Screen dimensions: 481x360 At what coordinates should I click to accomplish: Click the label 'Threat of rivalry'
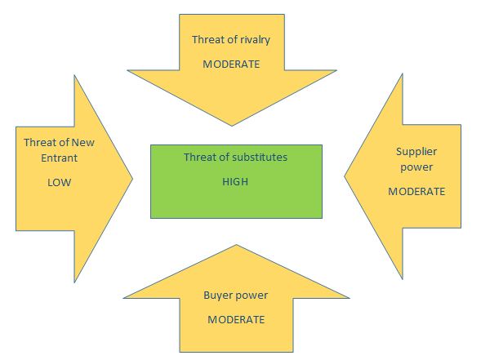tap(231, 40)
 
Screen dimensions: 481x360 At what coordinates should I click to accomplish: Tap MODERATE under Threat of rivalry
tap(231, 64)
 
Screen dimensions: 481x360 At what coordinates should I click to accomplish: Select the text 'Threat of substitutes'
tap(235, 157)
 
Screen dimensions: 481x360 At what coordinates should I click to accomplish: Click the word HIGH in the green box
tap(235, 182)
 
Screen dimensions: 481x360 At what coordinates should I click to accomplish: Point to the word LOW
tap(59, 183)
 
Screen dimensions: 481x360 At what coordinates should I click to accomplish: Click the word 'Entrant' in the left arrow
tap(59, 158)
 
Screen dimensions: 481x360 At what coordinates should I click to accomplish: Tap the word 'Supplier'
tap(416, 152)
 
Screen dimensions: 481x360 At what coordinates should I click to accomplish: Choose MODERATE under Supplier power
tap(416, 192)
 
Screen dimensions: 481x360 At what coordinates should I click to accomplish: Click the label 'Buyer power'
tap(235, 296)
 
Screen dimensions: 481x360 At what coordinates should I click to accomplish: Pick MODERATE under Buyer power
tap(236, 320)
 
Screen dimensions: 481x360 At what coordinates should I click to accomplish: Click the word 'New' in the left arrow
tap(82, 143)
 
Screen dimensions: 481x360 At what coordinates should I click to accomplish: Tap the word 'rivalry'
tap(256, 40)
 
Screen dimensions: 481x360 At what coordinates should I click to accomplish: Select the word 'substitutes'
tap(260, 157)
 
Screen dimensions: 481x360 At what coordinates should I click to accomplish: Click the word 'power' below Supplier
tap(416, 167)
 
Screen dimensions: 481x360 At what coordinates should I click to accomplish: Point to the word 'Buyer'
tap(216, 296)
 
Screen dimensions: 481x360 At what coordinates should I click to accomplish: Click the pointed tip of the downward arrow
tap(232, 126)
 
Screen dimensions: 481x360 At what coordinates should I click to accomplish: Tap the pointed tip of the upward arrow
tap(236, 245)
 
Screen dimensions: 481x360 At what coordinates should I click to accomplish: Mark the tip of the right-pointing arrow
tap(132, 179)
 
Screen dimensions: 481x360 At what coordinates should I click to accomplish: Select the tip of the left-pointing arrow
tap(344, 176)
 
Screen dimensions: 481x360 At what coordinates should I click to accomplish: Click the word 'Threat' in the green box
tap(198, 157)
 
